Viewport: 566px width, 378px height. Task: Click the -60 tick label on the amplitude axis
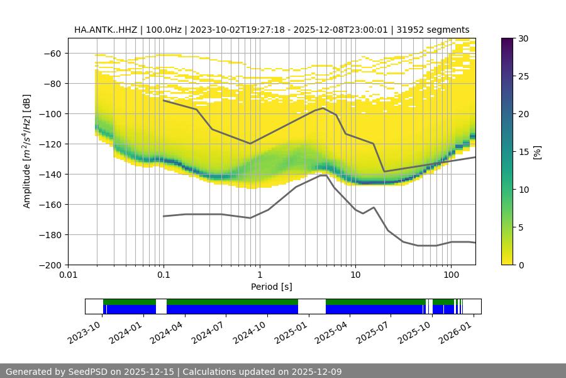(x=52, y=53)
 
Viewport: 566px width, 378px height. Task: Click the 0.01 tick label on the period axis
(x=68, y=275)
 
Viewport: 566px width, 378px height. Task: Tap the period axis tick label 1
(x=260, y=275)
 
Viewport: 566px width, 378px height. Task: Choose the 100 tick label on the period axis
(x=451, y=275)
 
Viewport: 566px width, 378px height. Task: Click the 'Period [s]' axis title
(x=272, y=287)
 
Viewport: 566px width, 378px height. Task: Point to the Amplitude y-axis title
(x=27, y=151)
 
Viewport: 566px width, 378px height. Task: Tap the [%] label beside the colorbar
(x=536, y=152)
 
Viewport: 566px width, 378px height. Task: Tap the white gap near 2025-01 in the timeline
(x=311, y=306)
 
